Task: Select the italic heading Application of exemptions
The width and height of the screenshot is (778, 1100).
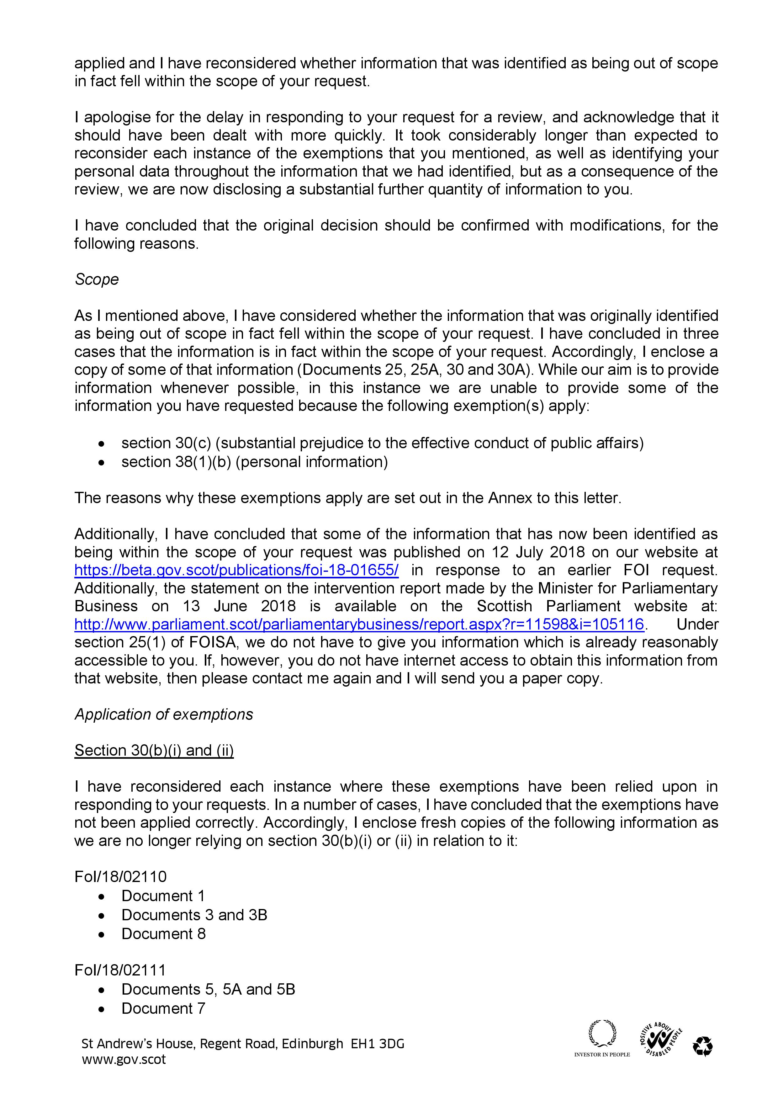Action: coord(163,714)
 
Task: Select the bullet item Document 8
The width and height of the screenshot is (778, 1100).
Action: coord(163,934)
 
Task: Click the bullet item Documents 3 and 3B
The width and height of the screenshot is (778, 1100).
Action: coord(194,915)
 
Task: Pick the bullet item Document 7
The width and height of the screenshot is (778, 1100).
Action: coord(163,1008)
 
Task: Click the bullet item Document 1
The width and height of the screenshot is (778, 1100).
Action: coord(163,896)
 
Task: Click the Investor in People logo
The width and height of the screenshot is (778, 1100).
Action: coord(602,1039)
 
